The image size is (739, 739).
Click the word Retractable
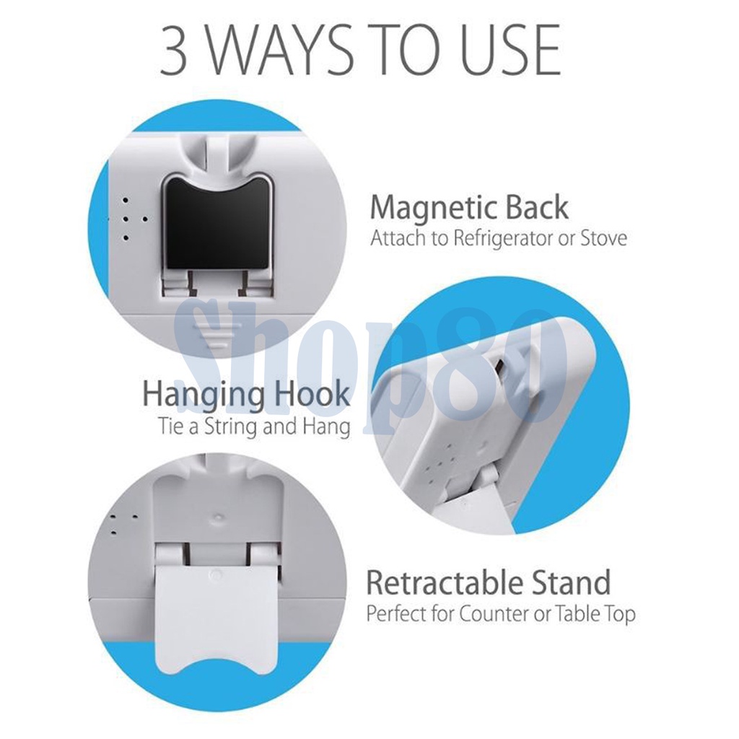(444, 582)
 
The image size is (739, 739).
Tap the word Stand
(571, 582)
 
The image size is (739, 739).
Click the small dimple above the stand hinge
(218, 515)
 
